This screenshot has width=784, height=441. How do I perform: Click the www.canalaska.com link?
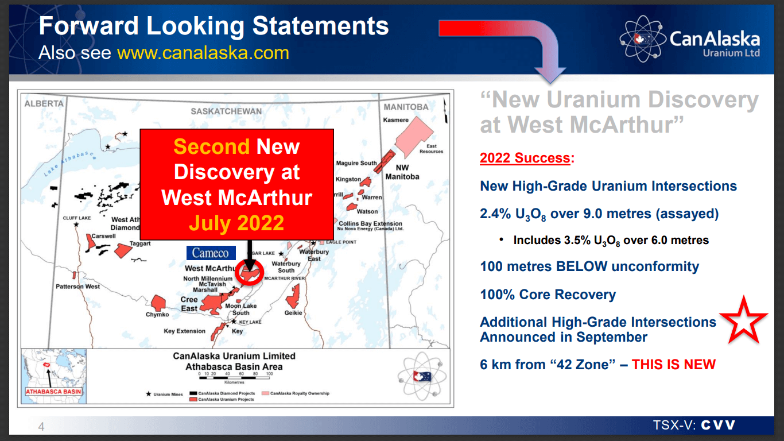203,53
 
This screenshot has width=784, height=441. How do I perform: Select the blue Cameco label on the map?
210,253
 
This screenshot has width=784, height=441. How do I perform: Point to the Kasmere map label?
396,120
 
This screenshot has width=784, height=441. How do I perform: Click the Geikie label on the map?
293,313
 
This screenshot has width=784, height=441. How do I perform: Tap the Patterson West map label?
77,287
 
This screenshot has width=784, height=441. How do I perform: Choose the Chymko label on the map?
157,315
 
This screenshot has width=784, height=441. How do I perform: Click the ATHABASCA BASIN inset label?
53,392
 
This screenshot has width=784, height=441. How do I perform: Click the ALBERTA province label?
44,104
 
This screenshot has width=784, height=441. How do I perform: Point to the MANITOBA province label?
406,107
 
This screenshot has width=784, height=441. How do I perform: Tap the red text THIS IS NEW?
674,365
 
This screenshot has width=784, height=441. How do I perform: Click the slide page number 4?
41,426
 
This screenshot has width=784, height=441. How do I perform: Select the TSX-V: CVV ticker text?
694,425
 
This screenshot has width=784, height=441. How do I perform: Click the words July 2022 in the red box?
236,223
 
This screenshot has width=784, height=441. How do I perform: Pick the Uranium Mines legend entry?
165,394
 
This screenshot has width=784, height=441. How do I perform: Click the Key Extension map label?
184,331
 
